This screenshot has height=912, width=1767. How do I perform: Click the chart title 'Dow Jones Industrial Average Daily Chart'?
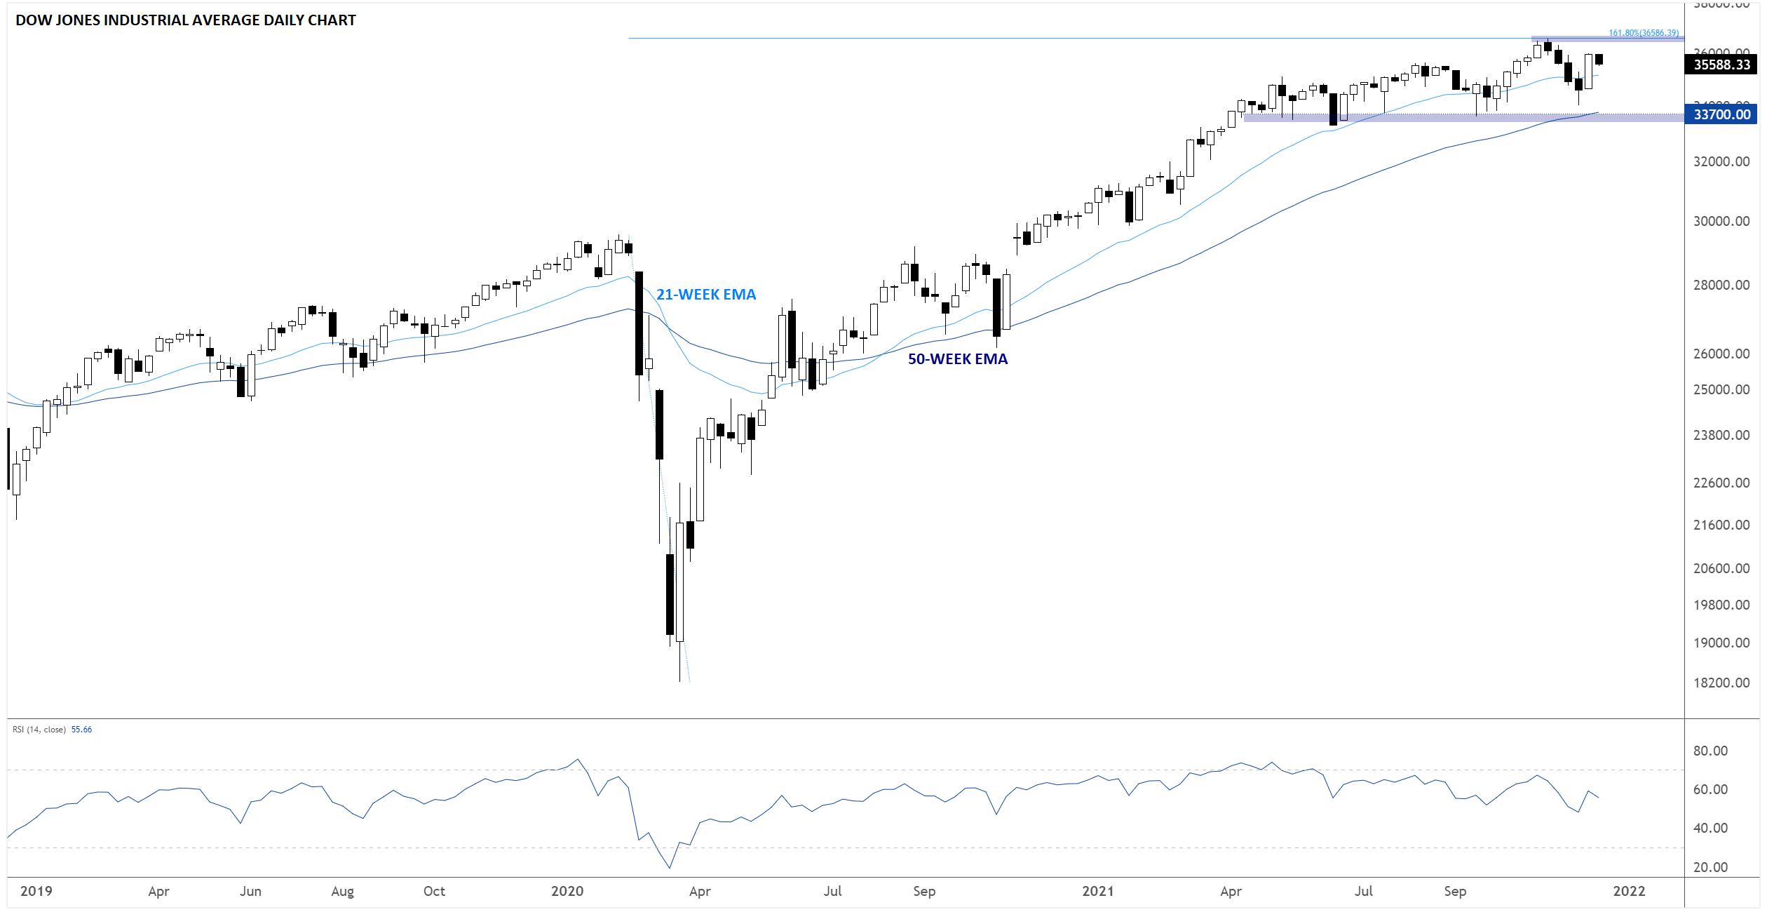[185, 20]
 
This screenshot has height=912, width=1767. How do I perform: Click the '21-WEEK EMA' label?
[705, 295]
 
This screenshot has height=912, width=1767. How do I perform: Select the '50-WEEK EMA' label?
[957, 359]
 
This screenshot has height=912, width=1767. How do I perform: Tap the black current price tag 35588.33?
[1721, 65]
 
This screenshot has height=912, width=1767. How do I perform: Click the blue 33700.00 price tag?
[1721, 114]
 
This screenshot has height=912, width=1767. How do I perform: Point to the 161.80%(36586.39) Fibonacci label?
[1643, 33]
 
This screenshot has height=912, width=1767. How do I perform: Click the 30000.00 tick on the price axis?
[1721, 222]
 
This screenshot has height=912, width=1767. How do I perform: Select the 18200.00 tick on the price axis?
[1721, 683]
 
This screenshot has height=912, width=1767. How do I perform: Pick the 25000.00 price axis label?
[1721, 389]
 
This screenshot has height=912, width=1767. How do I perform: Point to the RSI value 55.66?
[81, 730]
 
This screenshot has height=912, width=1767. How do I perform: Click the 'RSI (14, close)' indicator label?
[39, 730]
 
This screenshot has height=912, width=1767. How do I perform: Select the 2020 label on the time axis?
[567, 891]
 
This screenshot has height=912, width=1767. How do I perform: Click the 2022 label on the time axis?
[1628, 891]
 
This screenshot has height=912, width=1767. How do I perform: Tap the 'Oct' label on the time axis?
[434, 891]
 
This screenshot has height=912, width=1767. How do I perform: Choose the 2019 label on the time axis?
[36, 891]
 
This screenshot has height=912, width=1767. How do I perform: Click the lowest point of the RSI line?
[670, 868]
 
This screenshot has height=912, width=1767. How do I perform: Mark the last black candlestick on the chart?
[1599, 60]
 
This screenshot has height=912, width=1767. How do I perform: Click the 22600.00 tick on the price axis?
[1721, 483]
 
